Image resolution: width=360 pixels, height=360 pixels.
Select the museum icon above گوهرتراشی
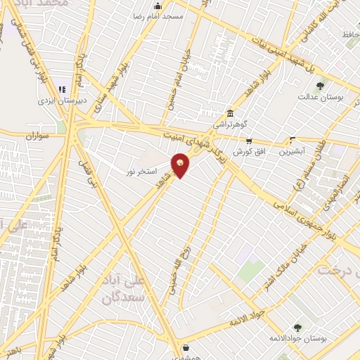[230, 114]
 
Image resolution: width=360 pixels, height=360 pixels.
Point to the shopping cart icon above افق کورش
[249, 141]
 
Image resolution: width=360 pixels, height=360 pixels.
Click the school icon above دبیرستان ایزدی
[62, 90]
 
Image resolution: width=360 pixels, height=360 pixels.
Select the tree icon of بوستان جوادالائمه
[297, 328]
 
